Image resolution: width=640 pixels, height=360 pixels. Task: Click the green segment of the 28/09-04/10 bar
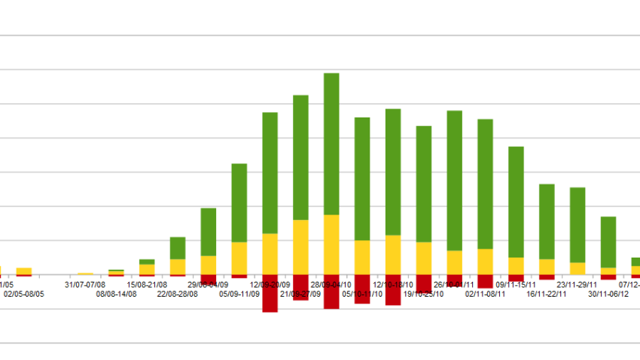click(x=331, y=143)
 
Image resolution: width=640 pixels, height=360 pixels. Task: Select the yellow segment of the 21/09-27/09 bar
click(x=300, y=246)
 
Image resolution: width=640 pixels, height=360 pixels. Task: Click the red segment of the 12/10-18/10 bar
click(x=393, y=290)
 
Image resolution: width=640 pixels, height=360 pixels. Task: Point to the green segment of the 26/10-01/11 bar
click(x=454, y=180)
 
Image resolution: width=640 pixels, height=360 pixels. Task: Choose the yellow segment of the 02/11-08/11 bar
click(x=485, y=261)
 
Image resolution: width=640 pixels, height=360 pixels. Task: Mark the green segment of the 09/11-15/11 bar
click(x=516, y=201)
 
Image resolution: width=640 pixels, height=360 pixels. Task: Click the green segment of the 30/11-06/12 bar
click(x=608, y=241)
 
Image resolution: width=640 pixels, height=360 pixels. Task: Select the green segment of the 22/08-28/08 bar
click(x=178, y=248)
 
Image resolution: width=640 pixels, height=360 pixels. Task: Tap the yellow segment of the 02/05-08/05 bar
click(x=23, y=270)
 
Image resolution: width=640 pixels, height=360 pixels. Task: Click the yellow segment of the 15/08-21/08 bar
click(x=147, y=268)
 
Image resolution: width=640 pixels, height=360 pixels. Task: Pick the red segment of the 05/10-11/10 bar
click(x=362, y=289)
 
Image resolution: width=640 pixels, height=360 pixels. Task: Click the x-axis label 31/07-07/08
click(x=85, y=285)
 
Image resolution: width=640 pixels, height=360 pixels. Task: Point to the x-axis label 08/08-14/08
click(x=116, y=294)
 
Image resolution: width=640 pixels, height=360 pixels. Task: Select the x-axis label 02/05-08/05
click(x=23, y=294)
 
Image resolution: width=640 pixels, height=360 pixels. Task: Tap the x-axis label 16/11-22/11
click(x=546, y=294)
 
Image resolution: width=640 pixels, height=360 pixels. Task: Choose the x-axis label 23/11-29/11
click(x=577, y=285)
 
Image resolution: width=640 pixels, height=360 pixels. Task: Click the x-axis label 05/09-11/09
click(x=239, y=294)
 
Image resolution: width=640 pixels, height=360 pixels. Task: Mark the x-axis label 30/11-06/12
click(x=608, y=294)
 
